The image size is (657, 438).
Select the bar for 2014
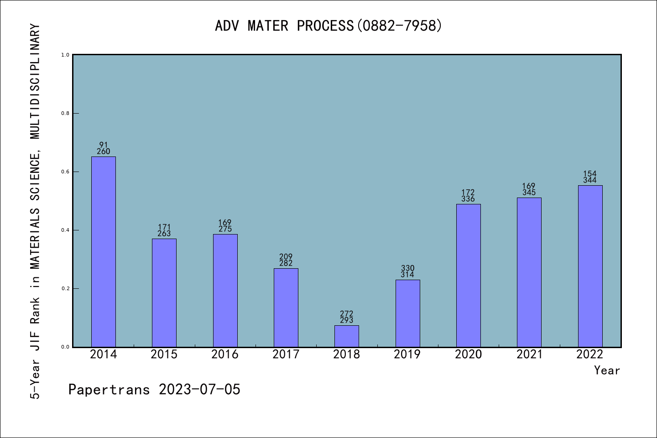point(104,251)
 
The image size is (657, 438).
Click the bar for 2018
point(347,336)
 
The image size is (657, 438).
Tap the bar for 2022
point(590,266)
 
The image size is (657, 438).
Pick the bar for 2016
point(225,290)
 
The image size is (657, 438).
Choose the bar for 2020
point(468,275)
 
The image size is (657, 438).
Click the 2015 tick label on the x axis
point(164,355)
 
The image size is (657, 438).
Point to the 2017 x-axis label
point(286,355)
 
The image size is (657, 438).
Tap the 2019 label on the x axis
point(407,355)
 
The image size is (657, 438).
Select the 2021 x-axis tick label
point(529,355)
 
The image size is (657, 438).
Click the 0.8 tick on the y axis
point(65,113)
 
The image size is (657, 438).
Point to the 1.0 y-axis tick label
point(65,55)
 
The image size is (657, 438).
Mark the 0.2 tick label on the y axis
point(65,288)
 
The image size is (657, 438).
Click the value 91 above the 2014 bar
point(104,145)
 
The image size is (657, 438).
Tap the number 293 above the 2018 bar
point(347,320)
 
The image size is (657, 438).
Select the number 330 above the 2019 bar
point(407,268)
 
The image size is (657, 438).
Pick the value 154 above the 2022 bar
point(590,173)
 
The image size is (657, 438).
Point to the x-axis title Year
point(607,370)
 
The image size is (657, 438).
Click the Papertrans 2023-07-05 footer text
point(154,390)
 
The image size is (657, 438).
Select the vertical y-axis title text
point(35,211)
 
